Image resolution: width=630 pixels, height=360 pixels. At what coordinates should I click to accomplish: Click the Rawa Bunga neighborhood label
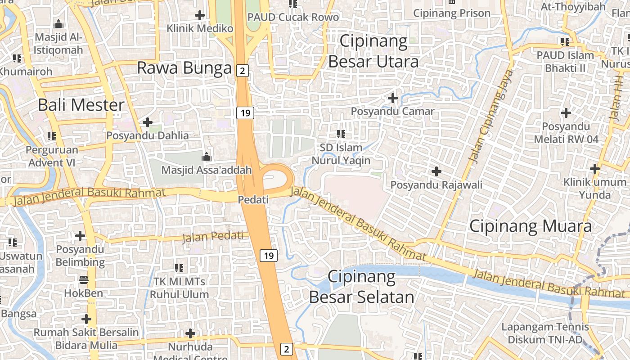184,68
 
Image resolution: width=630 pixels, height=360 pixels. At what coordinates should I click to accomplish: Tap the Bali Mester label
81,105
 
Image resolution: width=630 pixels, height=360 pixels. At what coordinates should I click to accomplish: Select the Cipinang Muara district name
530,226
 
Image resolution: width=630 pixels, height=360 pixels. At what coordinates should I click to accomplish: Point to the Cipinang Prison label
451,13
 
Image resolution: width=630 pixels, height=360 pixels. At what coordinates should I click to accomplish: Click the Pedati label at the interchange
253,199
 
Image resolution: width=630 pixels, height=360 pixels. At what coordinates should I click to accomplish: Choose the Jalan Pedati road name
213,236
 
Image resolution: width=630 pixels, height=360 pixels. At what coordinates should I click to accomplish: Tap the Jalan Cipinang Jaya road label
491,116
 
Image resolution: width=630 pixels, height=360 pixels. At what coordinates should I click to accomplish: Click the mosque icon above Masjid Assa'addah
207,157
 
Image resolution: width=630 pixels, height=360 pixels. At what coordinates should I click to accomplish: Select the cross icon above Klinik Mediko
200,15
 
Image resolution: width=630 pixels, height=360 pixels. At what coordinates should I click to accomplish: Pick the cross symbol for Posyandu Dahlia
147,122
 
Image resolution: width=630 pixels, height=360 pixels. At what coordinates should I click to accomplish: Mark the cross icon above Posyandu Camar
393,98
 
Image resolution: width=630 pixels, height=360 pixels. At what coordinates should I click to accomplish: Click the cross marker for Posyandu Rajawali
436,171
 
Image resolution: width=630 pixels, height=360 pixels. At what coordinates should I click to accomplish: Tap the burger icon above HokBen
84,280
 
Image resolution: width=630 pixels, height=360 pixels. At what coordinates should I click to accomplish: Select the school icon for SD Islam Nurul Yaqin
341,134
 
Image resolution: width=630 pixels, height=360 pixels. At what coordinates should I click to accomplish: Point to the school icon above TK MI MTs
179,268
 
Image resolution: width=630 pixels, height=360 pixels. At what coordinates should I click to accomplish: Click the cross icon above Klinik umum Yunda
595,169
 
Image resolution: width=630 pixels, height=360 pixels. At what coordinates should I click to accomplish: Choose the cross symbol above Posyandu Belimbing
80,235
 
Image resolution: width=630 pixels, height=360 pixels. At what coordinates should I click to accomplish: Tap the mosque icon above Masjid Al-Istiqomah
58,24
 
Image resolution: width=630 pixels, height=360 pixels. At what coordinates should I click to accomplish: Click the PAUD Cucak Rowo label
293,17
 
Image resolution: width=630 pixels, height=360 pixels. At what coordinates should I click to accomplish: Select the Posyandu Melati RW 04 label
566,133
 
